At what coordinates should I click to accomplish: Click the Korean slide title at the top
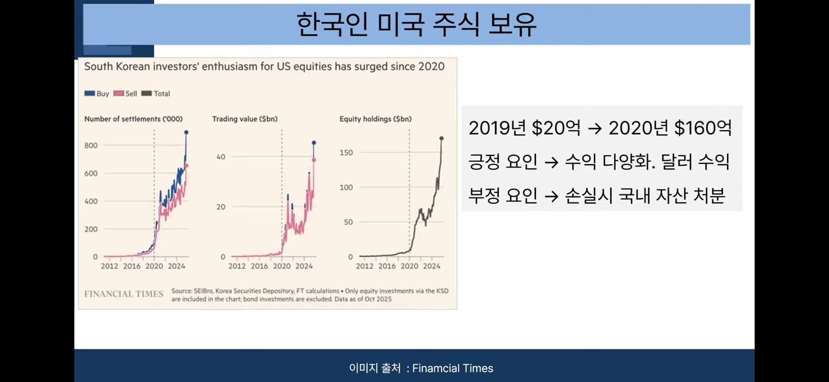(416, 24)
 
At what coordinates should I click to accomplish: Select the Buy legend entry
(97, 94)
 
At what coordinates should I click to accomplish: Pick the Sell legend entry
(125, 94)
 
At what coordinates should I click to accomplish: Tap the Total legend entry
(156, 94)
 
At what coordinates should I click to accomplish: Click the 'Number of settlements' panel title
(133, 119)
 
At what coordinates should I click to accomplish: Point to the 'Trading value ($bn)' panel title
(245, 119)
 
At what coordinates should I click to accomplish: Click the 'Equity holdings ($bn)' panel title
(376, 119)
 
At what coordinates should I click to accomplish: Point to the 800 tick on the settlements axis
(91, 145)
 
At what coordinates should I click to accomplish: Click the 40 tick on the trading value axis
(221, 157)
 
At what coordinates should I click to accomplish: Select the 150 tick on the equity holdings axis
(346, 153)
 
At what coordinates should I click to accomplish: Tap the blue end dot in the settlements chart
(186, 132)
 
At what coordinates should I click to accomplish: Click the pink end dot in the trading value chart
(314, 160)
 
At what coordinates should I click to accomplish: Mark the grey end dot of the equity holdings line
(441, 138)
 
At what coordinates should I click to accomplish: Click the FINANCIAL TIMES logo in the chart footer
(123, 294)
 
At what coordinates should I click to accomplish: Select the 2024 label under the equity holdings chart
(432, 266)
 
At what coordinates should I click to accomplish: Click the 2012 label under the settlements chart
(109, 266)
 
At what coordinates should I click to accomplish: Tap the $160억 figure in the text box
(703, 128)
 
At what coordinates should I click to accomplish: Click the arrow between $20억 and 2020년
(595, 128)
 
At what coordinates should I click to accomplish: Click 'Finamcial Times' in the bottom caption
(452, 368)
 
